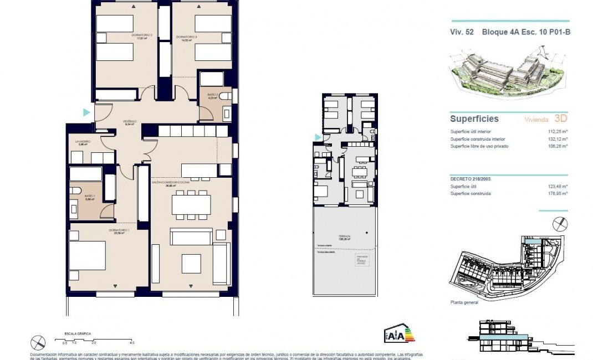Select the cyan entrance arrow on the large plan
point(86,112)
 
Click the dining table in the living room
point(191,205)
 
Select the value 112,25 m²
point(558,131)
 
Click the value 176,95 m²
point(558,194)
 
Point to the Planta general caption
point(464,304)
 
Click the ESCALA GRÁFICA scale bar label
point(78,334)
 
